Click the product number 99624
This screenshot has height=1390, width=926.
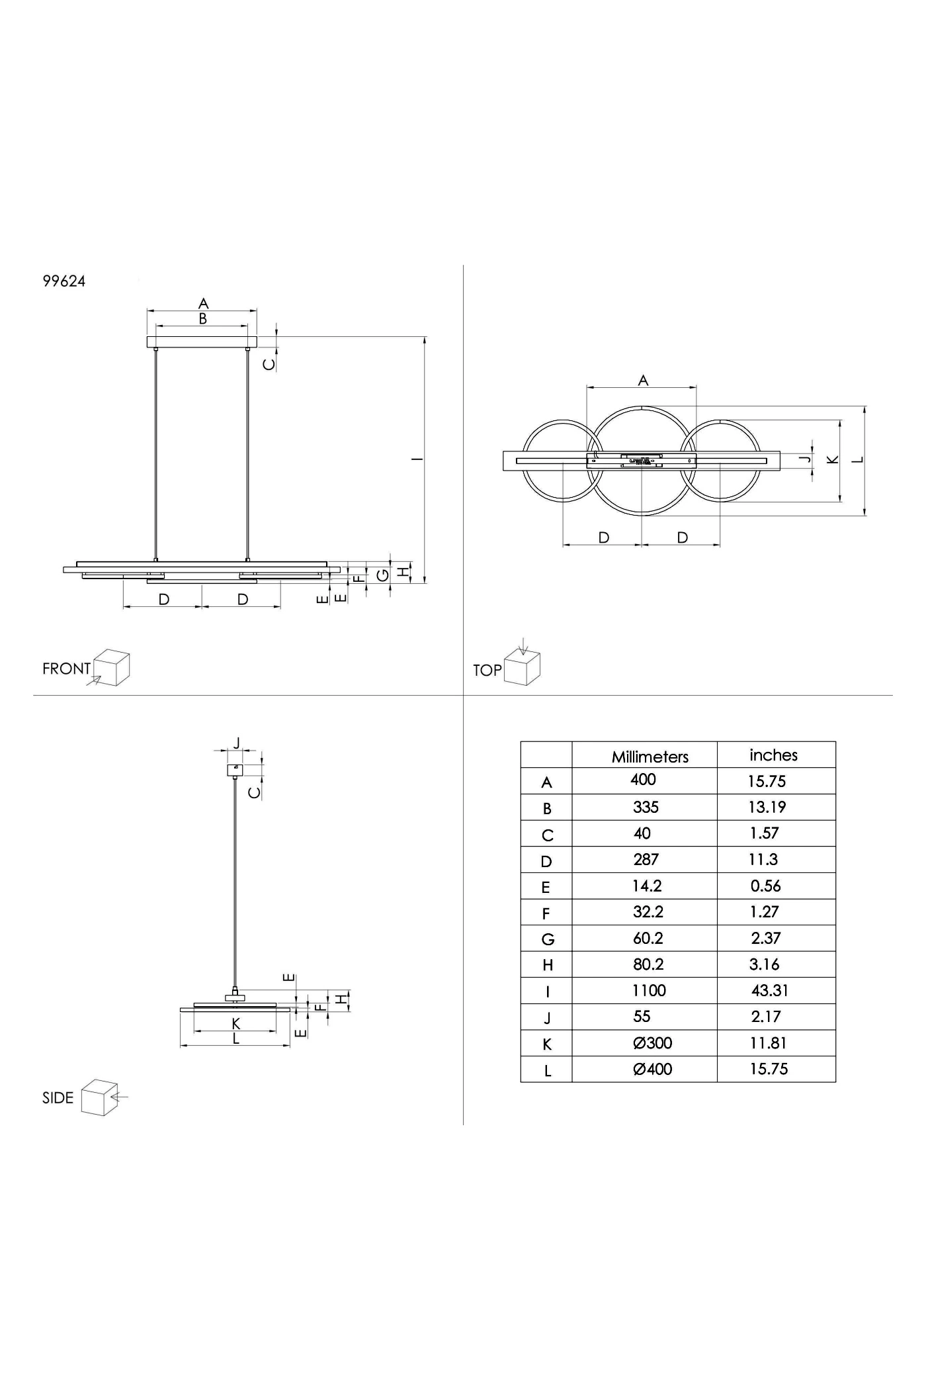pyautogui.click(x=64, y=281)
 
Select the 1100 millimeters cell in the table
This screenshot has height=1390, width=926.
pyautogui.click(x=649, y=990)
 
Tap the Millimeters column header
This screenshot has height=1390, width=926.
pyautogui.click(x=650, y=757)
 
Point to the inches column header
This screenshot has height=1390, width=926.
pyautogui.click(x=773, y=755)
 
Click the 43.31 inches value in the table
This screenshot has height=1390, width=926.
pyautogui.click(x=770, y=990)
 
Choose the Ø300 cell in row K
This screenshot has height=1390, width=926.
pyautogui.click(x=652, y=1043)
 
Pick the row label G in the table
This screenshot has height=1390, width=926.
pyautogui.click(x=548, y=939)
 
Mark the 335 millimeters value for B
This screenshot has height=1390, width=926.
pyautogui.click(x=646, y=807)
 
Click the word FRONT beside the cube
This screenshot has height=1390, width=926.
pyautogui.click(x=66, y=669)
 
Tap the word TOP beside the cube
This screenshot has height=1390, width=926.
pyautogui.click(x=487, y=670)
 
